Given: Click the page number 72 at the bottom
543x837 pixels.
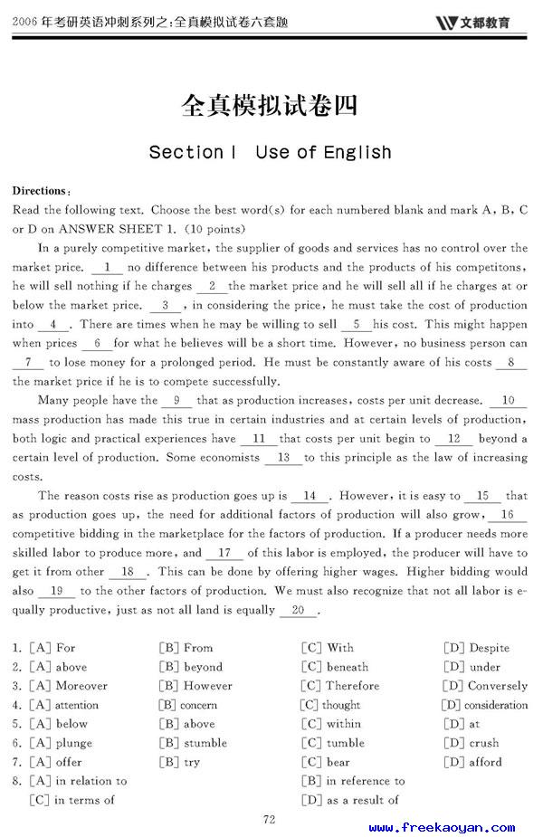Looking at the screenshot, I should coord(269,820).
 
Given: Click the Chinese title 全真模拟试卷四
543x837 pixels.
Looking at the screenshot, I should coord(270,106).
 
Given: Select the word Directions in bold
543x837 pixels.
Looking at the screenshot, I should coord(39,191).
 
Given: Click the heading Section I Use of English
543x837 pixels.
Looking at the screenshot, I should coord(270,152).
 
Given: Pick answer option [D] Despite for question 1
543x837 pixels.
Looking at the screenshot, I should coord(476,648).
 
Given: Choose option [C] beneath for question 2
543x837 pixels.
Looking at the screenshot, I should coord(335,667).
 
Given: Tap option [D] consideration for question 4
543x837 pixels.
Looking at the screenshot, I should coord(484,705).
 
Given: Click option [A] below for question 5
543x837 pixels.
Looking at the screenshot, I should coord(59,724).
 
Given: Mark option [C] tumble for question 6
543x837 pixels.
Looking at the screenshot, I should coord(333,743).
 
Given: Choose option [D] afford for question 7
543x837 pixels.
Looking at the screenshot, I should coord(472,762).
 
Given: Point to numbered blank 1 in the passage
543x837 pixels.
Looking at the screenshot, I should coord(108,267).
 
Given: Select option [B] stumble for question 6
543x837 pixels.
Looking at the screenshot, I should coord(193,743).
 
